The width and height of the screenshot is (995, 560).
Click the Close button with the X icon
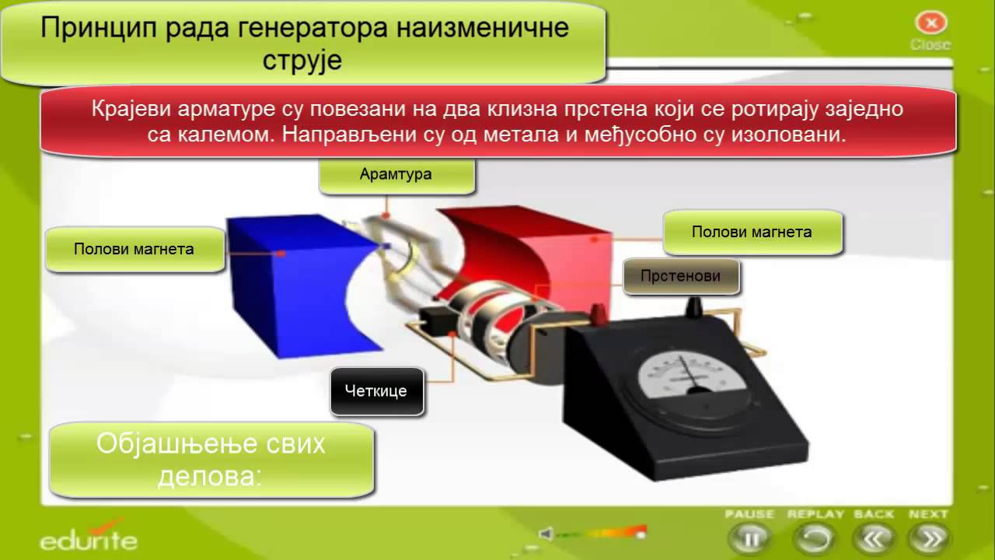coord(930,23)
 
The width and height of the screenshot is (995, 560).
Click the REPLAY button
coord(815,537)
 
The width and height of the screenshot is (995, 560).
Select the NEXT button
coord(930,537)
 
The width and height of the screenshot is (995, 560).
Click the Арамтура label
coord(396,174)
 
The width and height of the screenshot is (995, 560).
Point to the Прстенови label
coord(680,276)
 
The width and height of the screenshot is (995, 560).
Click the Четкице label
coord(376,390)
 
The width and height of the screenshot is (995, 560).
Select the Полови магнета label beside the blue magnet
coord(134,250)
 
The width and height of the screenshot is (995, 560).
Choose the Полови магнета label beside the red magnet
coord(752,232)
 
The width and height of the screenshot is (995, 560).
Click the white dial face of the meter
coord(683,378)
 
